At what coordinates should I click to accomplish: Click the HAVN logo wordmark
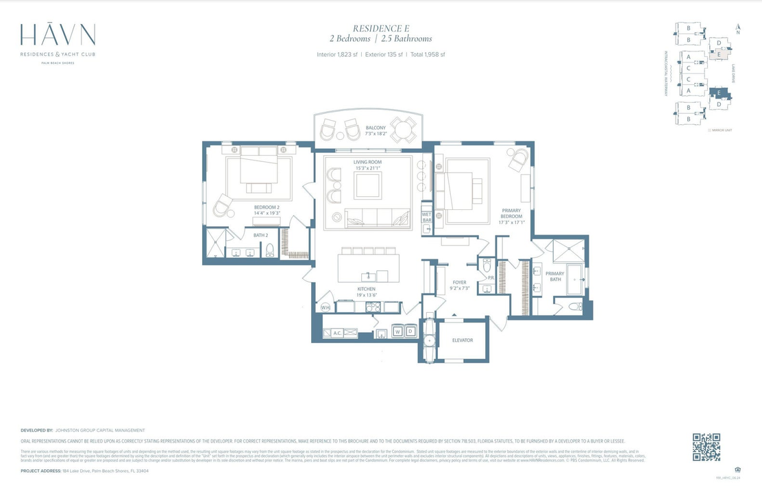tap(58, 35)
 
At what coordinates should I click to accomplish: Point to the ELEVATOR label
tap(463, 340)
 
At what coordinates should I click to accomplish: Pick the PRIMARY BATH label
tap(554, 277)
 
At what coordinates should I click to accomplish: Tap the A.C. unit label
tap(337, 333)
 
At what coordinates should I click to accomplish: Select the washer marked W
tap(397, 332)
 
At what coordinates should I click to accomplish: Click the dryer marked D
tap(410, 332)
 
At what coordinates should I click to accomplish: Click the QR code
tap(706, 447)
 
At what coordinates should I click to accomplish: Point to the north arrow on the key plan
tap(737, 29)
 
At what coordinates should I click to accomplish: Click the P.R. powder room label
tap(491, 278)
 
